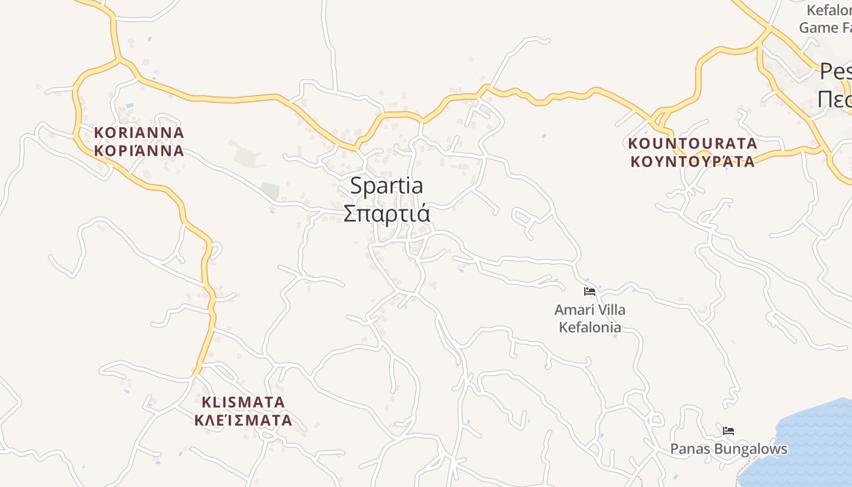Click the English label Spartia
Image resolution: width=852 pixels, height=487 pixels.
[386, 186]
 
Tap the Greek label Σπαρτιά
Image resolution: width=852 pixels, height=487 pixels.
[386, 214]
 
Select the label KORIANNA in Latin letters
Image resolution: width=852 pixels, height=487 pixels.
[139, 132]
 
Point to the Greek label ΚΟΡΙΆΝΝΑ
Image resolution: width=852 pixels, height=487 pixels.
[139, 150]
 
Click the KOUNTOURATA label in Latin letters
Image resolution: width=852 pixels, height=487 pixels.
[693, 144]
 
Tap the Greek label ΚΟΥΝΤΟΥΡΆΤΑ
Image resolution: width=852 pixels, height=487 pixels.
[693, 161]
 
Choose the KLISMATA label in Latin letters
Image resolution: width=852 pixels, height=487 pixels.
[243, 402]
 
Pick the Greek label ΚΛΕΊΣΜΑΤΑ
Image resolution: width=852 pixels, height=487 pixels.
[243, 420]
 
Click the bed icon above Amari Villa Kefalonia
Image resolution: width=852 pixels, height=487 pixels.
[589, 292]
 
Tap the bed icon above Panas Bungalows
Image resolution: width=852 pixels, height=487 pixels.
[728, 431]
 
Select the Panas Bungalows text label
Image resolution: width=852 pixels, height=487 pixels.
[728, 449]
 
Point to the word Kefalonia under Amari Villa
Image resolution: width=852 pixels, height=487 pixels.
[590, 328]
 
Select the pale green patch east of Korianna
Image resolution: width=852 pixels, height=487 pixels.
[246, 153]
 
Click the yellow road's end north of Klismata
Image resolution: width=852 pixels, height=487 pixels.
[197, 372]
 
